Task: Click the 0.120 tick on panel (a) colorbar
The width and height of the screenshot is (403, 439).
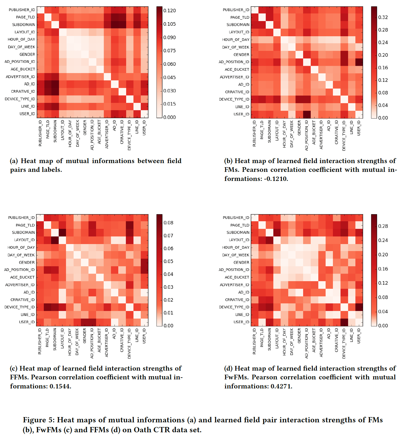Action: tap(169, 11)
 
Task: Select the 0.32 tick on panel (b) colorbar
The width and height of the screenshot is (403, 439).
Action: tap(383, 17)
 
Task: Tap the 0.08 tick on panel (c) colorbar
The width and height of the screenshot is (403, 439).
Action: tap(168, 223)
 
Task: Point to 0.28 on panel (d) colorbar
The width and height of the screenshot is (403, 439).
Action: tap(383, 226)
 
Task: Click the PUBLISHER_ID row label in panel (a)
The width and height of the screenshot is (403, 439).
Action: tap(22, 10)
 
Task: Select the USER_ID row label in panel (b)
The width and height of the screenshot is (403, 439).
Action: tap(241, 114)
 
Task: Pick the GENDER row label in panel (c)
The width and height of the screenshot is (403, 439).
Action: tap(27, 262)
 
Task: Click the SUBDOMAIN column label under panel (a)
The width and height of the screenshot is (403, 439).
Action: tap(55, 131)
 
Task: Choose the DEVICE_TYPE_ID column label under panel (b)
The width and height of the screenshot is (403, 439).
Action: tap(344, 136)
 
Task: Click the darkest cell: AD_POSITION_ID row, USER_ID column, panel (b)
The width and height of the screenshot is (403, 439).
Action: tap(359, 62)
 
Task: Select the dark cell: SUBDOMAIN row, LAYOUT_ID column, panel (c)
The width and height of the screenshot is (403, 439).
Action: tap(62, 233)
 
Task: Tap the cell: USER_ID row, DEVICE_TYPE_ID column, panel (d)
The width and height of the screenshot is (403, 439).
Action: tap(344, 322)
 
